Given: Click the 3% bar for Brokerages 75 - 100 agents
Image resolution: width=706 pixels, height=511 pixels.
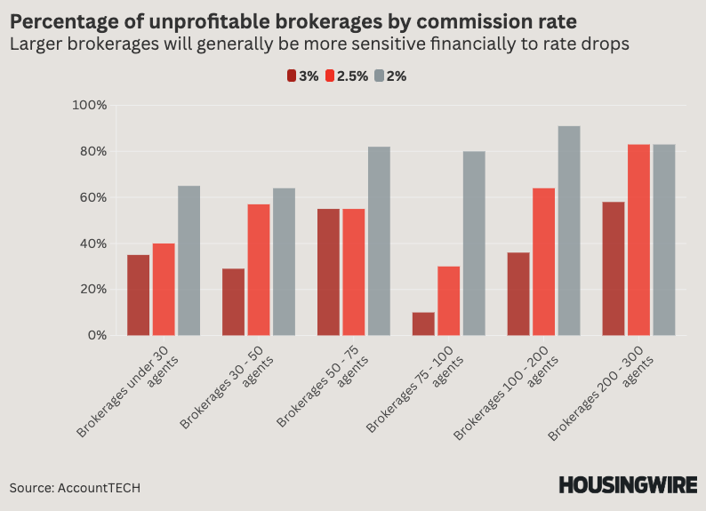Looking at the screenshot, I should [423, 323].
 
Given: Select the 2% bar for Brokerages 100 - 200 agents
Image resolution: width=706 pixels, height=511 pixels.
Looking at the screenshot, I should [569, 231].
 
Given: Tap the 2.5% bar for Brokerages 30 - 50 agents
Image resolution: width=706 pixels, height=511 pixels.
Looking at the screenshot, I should [259, 270].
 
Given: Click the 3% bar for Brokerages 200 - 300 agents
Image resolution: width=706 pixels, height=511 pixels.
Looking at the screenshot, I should [614, 268].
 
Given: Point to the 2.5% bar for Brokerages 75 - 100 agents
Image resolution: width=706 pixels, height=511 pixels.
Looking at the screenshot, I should [448, 301].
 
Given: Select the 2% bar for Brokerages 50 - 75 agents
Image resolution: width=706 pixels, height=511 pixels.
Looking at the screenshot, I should [379, 241].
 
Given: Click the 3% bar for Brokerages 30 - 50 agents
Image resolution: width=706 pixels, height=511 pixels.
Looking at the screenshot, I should [234, 302].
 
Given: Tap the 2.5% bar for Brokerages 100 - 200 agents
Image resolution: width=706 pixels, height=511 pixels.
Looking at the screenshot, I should [543, 262].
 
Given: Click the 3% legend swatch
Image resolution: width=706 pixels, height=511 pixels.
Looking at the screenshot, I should [292, 76].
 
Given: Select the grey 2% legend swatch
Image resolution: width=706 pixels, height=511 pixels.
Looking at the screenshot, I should [380, 76].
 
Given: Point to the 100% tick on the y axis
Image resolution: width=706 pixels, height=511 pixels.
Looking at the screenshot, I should [89, 105].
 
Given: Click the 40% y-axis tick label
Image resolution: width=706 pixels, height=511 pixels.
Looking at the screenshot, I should [92, 244].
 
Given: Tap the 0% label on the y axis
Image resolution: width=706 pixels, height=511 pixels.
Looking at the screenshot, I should [96, 336].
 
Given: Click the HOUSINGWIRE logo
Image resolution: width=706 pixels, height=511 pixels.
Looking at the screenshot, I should [627, 485].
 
